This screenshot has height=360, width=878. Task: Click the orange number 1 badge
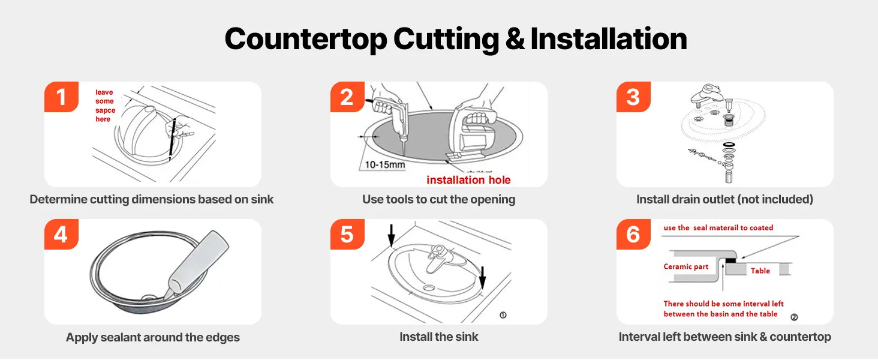point(62,97)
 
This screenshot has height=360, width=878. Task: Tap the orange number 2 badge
point(348,97)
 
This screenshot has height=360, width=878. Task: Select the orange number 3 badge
point(634,97)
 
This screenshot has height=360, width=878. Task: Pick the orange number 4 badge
point(62,234)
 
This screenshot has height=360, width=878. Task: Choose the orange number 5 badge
point(348,234)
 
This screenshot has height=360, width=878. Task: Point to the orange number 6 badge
point(634,234)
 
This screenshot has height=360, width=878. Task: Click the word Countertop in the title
point(306,39)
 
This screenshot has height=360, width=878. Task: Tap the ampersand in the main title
point(515,39)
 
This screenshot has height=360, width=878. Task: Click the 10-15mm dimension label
point(385,165)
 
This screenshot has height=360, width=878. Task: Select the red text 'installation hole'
point(468,180)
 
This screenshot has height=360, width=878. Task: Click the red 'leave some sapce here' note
point(105,106)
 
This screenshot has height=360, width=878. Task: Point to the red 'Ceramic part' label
point(686,266)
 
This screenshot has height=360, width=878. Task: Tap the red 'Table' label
point(760,271)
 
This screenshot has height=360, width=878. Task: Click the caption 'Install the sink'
point(439,337)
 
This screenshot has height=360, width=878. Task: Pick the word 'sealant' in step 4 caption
point(118,337)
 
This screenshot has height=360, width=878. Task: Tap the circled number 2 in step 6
point(794,317)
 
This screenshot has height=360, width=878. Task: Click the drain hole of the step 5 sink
point(429,288)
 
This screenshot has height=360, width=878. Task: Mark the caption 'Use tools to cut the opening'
point(438,200)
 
